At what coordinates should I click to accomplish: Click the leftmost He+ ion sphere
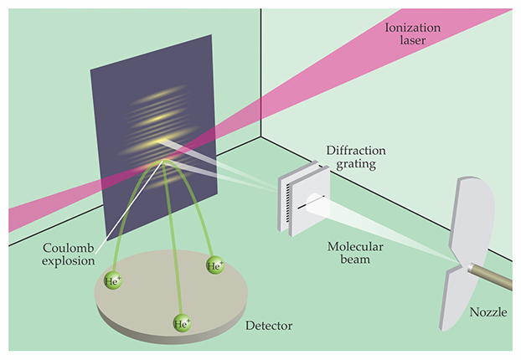(112, 281)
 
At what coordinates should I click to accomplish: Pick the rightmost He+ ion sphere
(214, 266)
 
